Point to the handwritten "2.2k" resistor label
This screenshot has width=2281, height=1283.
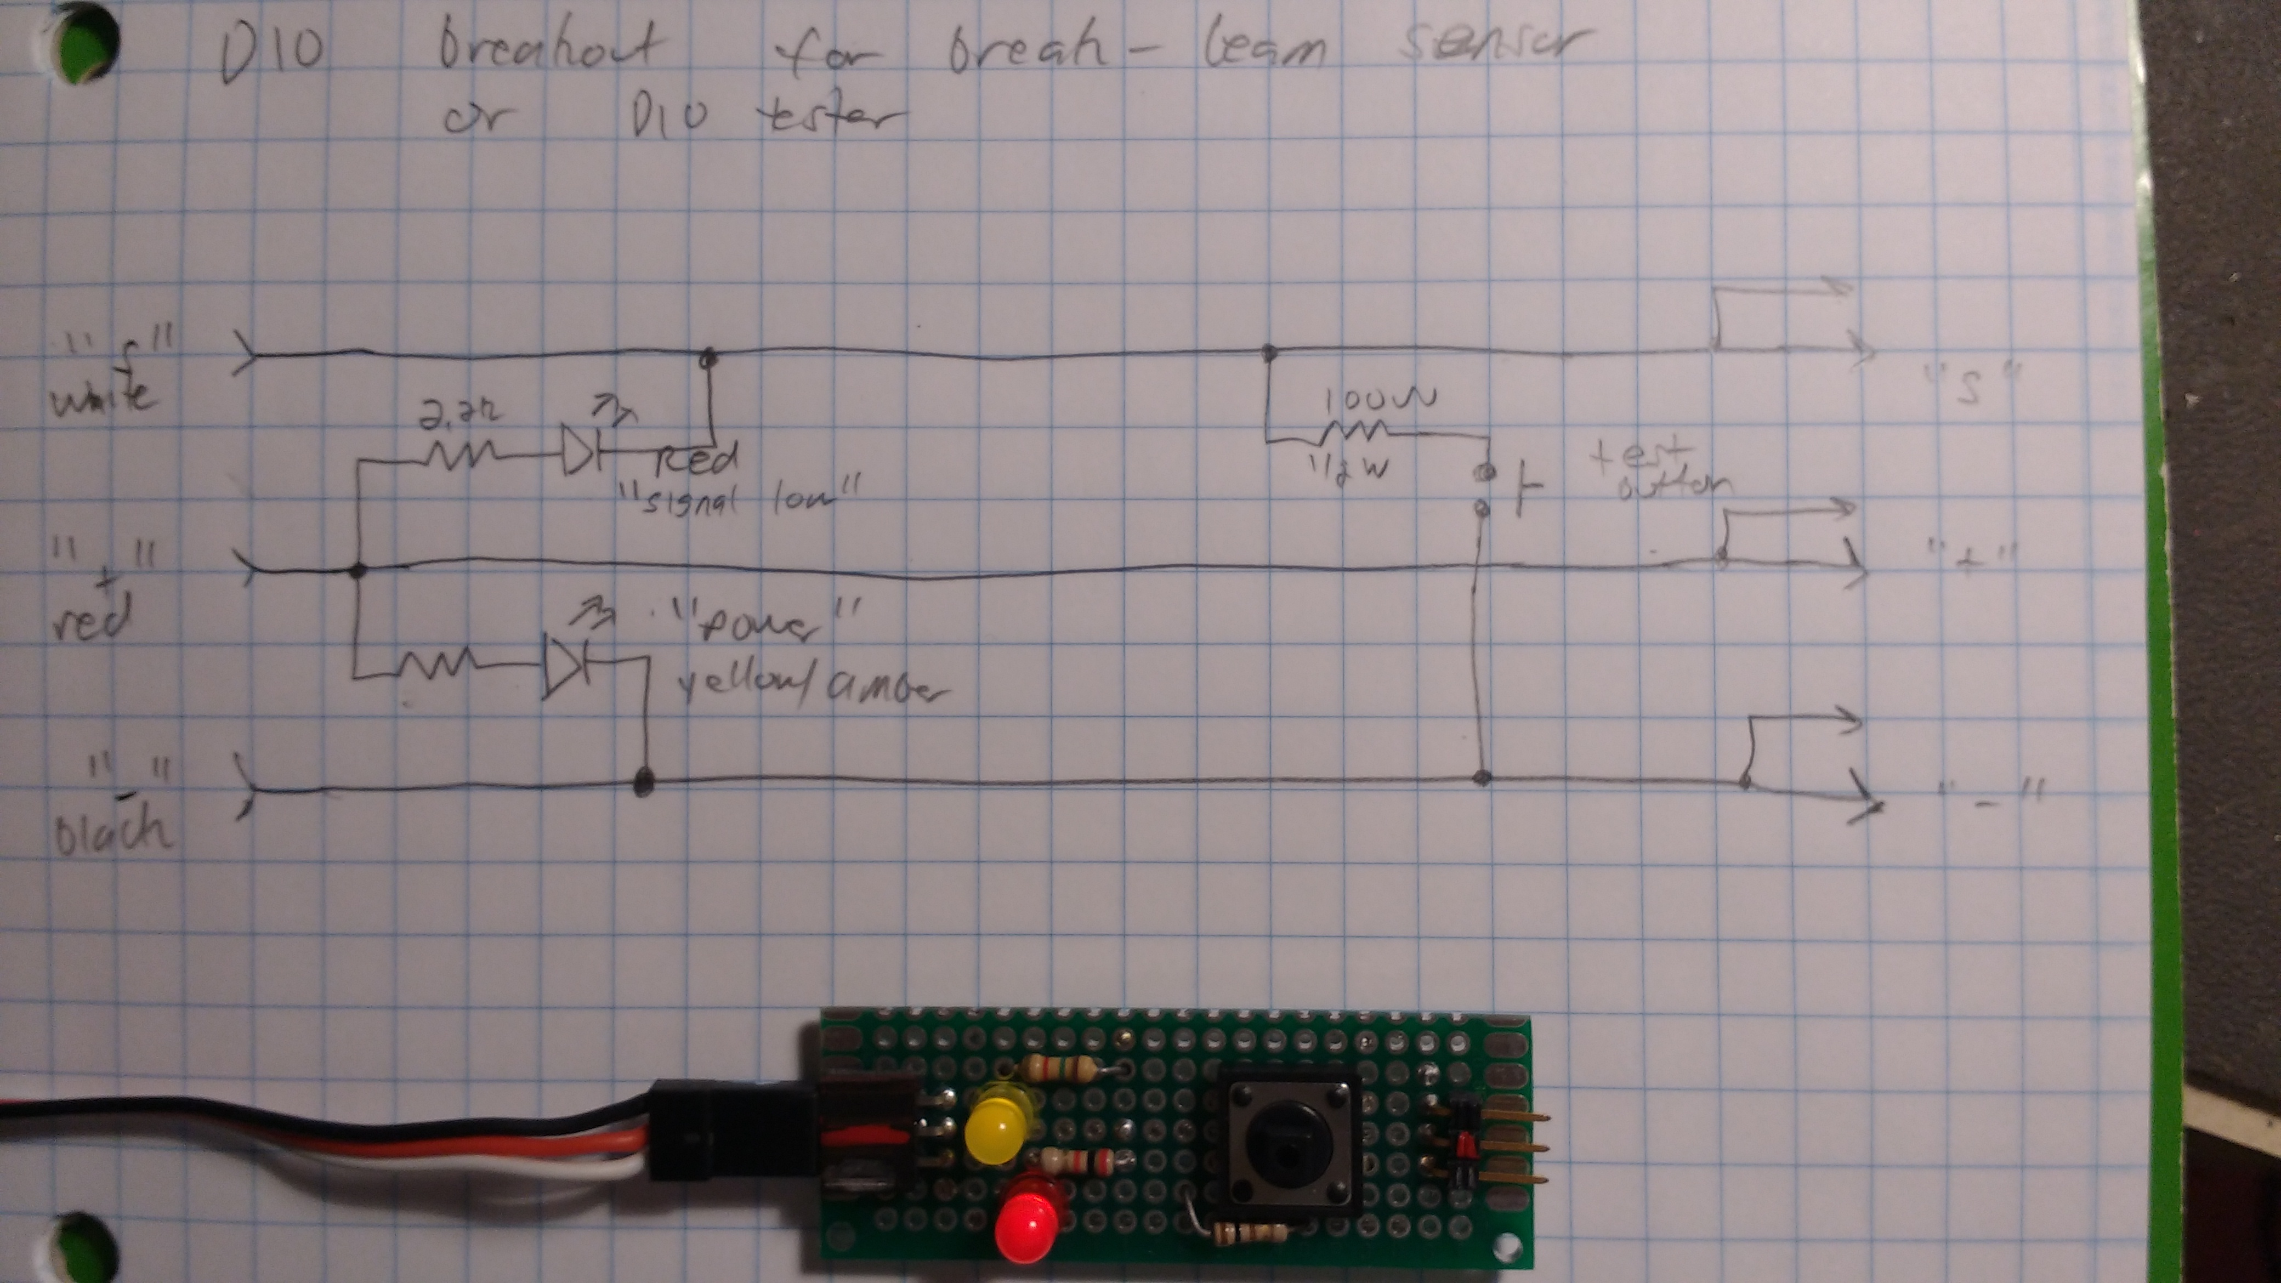pyautogui.click(x=459, y=413)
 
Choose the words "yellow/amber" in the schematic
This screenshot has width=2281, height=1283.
pyautogui.click(x=810, y=689)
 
